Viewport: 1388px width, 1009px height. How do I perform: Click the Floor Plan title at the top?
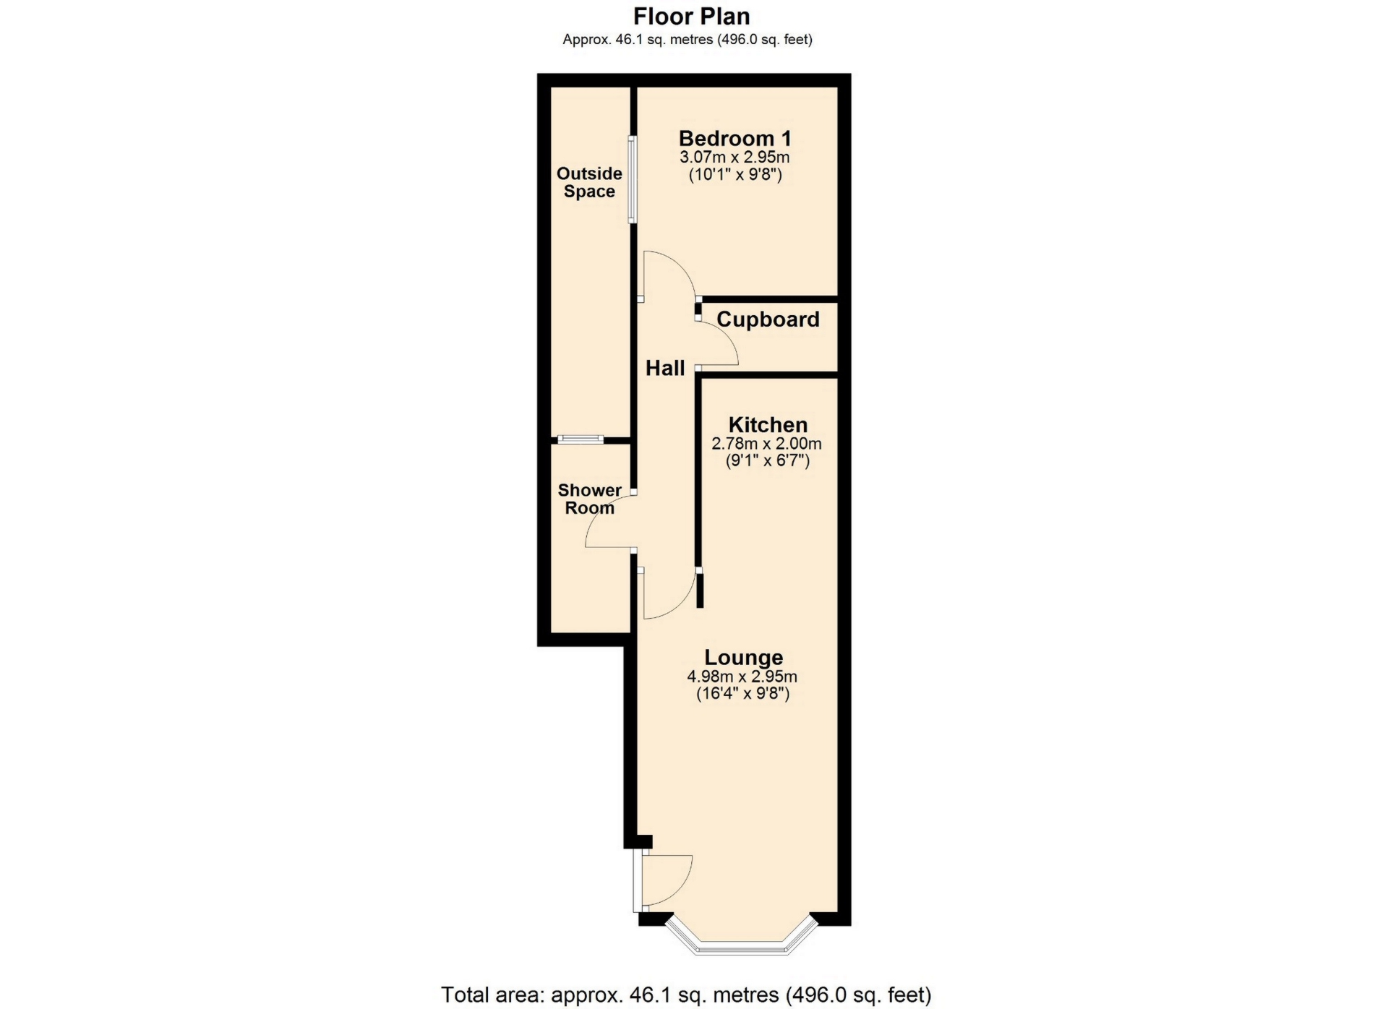pos(692,16)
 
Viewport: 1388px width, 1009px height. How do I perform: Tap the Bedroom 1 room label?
pos(735,138)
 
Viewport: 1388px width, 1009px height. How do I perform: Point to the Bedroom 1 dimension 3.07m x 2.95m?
pos(734,158)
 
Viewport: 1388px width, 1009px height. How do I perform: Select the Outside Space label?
pos(589,182)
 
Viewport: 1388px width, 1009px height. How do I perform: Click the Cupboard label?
pos(768,319)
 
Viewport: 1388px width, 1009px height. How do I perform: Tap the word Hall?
pos(665,369)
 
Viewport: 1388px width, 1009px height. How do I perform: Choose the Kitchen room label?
pos(768,424)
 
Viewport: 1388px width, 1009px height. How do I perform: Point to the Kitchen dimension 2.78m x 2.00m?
pos(767,444)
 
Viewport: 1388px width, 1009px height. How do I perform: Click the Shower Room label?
pos(589,499)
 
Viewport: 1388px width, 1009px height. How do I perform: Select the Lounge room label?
pos(744,658)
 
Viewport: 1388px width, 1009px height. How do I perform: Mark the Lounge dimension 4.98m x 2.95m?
pos(742,677)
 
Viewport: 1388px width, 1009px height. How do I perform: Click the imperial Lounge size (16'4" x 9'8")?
pos(742,694)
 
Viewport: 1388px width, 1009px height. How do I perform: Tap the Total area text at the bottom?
pos(686,995)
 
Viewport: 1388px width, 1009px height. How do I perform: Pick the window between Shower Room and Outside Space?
pos(581,439)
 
